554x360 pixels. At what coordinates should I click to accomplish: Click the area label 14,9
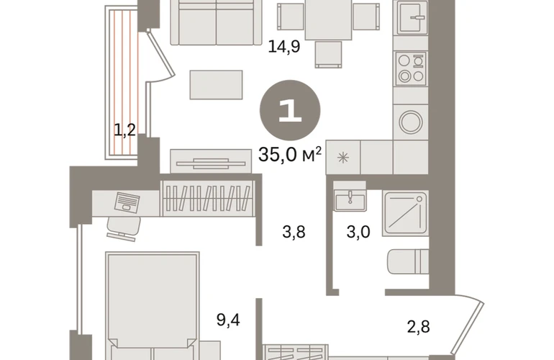point(284,46)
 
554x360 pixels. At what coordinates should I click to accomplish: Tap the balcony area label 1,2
point(124,130)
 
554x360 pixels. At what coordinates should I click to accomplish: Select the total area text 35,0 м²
point(290,154)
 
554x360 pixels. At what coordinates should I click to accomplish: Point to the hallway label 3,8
point(294,233)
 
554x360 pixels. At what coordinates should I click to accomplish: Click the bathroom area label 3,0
point(358,233)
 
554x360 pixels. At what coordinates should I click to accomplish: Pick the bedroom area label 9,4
point(228,320)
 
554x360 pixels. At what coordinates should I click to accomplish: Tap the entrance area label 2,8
point(418,327)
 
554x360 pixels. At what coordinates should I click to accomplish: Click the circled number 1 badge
point(290,111)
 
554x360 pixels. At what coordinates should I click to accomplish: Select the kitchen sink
point(412,18)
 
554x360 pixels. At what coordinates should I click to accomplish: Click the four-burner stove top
point(411,68)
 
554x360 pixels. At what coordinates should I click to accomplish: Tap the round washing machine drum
point(411,122)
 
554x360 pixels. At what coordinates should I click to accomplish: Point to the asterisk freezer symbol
point(343,158)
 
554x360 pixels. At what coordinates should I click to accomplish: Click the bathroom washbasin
point(350,200)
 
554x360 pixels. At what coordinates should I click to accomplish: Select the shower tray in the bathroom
point(405,213)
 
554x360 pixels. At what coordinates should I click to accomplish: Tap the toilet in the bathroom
point(408,261)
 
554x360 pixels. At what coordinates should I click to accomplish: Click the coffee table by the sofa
point(217,85)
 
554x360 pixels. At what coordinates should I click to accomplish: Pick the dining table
point(328,19)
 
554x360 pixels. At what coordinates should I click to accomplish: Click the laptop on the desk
point(127,202)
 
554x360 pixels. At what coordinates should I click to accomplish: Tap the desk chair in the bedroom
point(124,228)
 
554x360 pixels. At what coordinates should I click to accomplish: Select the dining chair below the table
point(328,54)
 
